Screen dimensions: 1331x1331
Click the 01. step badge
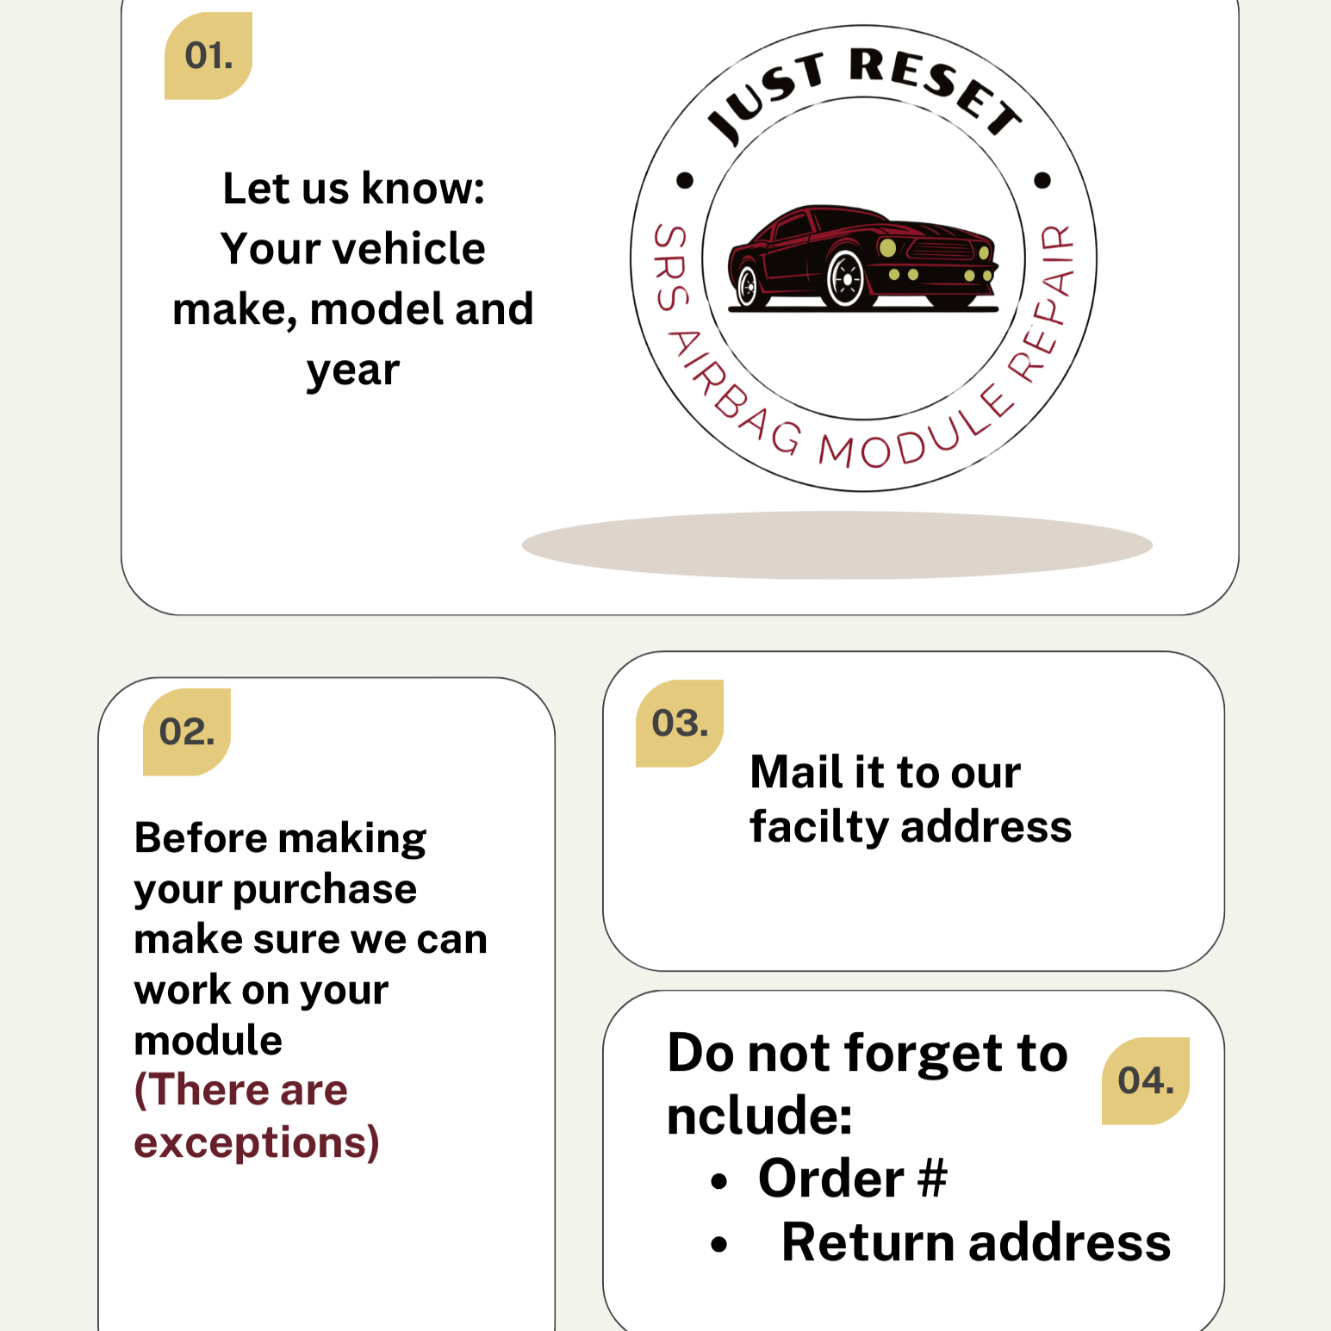208,56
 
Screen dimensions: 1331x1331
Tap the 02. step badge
187,732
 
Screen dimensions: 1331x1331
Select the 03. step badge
680,724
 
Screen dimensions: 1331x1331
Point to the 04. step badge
1146,1081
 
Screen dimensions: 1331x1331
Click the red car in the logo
862,258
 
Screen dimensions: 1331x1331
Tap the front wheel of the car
846,278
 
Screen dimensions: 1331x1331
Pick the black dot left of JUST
685,180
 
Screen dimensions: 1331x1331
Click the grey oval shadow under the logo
837,544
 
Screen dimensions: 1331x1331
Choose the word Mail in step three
796,771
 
